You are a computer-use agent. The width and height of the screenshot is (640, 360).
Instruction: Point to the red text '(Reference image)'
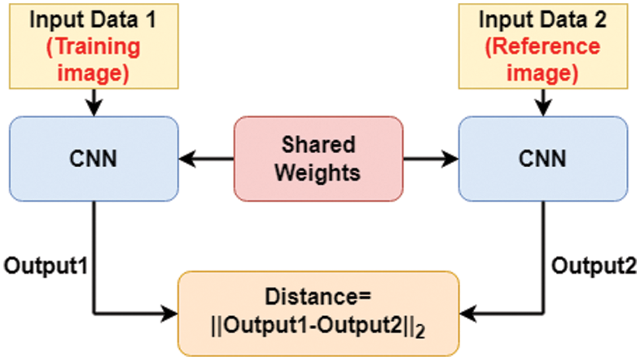pyautogui.click(x=542, y=59)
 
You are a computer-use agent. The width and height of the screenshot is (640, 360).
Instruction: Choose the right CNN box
pyautogui.click(x=542, y=159)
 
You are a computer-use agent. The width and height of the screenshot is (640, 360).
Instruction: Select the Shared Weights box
pyautogui.click(x=319, y=159)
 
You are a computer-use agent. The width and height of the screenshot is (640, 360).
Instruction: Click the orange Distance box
pyautogui.click(x=319, y=313)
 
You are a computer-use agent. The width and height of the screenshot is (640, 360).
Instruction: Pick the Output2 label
pyautogui.click(x=594, y=265)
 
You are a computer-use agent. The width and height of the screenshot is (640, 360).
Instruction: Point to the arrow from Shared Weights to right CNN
pyautogui.click(x=430, y=160)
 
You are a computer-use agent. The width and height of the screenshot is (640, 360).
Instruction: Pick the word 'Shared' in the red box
pyautogui.click(x=319, y=144)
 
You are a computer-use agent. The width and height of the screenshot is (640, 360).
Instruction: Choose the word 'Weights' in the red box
pyautogui.click(x=319, y=173)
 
